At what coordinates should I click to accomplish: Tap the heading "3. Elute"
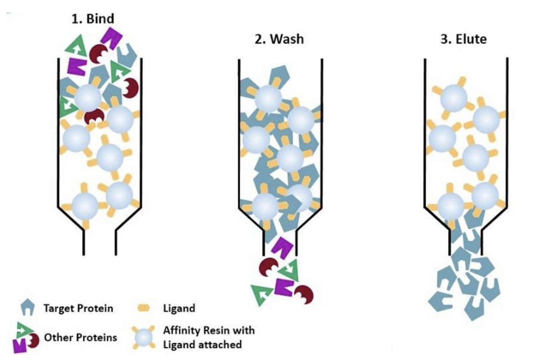[x=463, y=39]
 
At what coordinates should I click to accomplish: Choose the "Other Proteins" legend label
[x=80, y=337]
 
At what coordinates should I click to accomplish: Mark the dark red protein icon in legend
[x=33, y=341]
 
